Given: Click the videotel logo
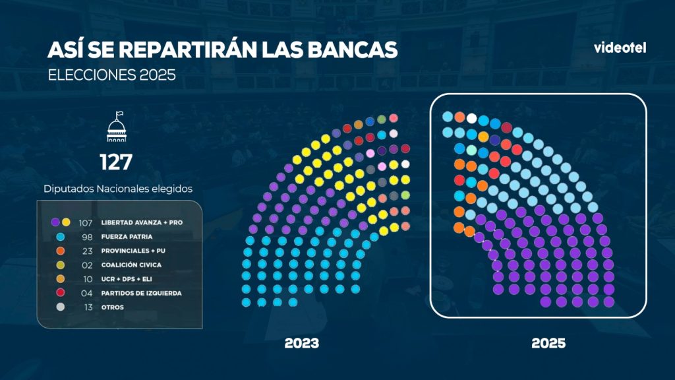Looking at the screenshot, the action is [620, 47].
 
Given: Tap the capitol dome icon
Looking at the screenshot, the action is [117, 127].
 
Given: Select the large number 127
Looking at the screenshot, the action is [116, 162].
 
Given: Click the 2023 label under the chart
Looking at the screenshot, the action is [302, 343].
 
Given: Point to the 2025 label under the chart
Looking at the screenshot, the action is [548, 343].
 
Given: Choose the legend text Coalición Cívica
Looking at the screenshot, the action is [131, 265].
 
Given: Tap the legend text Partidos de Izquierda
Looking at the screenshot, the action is [141, 293].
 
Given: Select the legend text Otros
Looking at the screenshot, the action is [112, 307].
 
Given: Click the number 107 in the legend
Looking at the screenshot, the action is [86, 223].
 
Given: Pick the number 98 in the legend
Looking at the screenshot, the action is [87, 237].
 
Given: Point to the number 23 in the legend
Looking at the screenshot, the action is [87, 251].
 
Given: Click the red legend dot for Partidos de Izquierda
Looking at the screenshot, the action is [61, 292].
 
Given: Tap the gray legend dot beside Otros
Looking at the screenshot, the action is [61, 307].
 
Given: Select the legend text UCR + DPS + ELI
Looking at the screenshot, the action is [127, 279].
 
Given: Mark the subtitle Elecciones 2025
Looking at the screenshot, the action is [112, 75].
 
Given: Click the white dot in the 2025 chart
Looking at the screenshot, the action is [472, 118].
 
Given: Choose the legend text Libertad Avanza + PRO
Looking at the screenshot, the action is [142, 222].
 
